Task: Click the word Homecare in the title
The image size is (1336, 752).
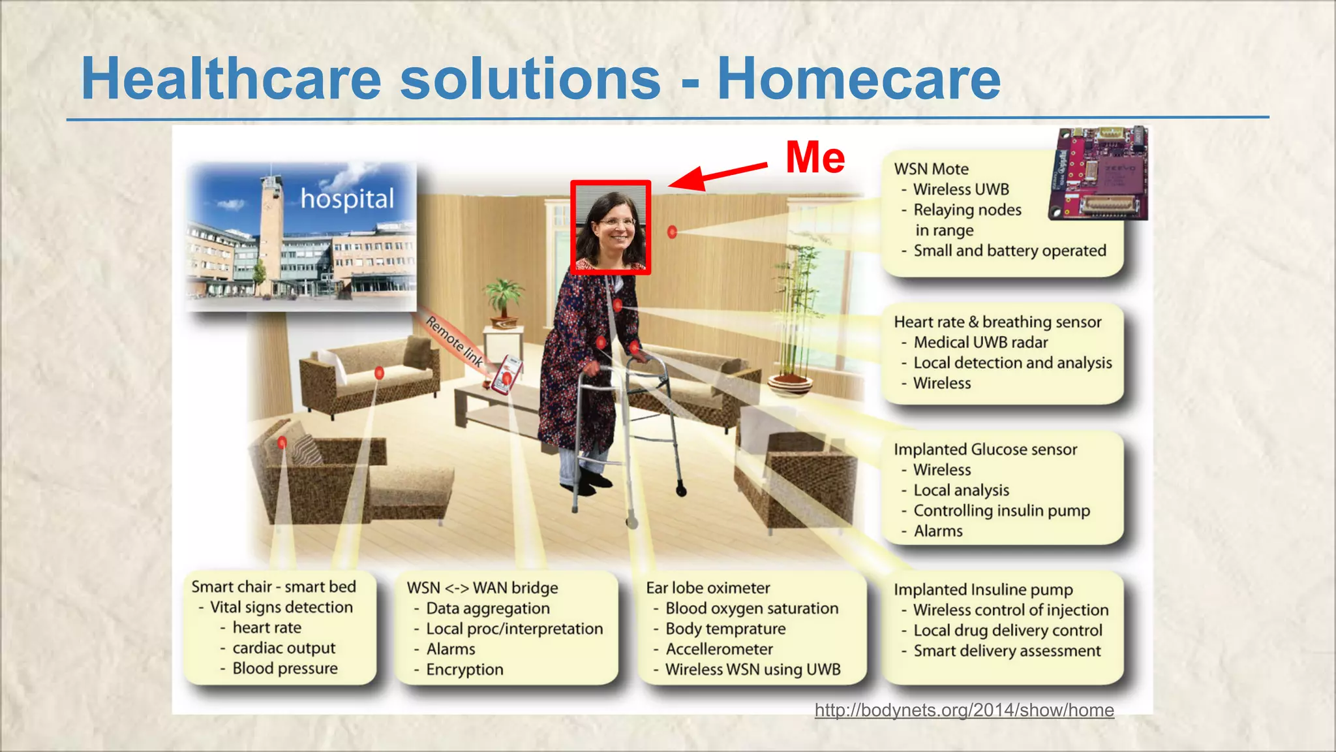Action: (x=858, y=79)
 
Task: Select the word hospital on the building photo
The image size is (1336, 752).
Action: (x=347, y=198)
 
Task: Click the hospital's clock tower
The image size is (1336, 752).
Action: (x=271, y=222)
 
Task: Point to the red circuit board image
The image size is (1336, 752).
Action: (x=1100, y=174)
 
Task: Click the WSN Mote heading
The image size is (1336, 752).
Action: (x=931, y=169)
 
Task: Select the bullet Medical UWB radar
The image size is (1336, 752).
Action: (x=980, y=342)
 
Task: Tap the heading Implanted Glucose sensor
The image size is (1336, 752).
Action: (x=985, y=449)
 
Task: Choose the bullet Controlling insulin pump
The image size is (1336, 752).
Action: (x=1001, y=510)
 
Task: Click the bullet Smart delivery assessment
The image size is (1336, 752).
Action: (x=1007, y=651)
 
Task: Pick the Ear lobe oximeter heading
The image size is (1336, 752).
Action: (x=708, y=587)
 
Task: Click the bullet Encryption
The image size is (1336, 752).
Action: (x=464, y=670)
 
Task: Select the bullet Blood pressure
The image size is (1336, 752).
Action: (x=285, y=668)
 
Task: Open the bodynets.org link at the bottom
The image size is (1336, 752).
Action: (x=964, y=710)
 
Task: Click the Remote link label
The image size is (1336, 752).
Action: (x=455, y=341)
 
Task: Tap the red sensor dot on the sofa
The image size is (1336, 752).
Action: (x=378, y=373)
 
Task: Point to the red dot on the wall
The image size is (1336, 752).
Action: (x=672, y=232)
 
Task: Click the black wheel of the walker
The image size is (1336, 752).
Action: (x=681, y=490)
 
